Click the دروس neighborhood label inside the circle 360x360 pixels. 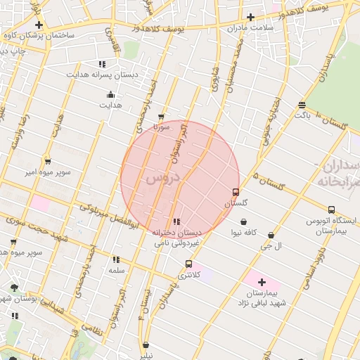click(x=163, y=179)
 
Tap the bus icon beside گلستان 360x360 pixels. click(x=236, y=192)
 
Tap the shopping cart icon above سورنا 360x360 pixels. click(x=161, y=117)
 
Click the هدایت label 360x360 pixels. click(x=109, y=105)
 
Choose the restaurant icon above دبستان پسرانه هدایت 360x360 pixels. click(x=103, y=63)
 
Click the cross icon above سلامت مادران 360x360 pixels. click(x=250, y=17)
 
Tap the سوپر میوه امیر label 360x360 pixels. click(x=46, y=172)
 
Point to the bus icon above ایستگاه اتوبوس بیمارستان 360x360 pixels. click(x=331, y=210)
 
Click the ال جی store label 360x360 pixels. click(x=271, y=246)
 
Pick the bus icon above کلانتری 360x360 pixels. click(x=188, y=264)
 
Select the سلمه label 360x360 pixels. click(x=116, y=270)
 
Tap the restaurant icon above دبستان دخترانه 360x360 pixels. click(x=176, y=221)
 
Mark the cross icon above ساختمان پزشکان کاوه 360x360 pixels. click(x=38, y=25)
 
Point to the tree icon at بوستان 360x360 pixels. click(x=14, y=288)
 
